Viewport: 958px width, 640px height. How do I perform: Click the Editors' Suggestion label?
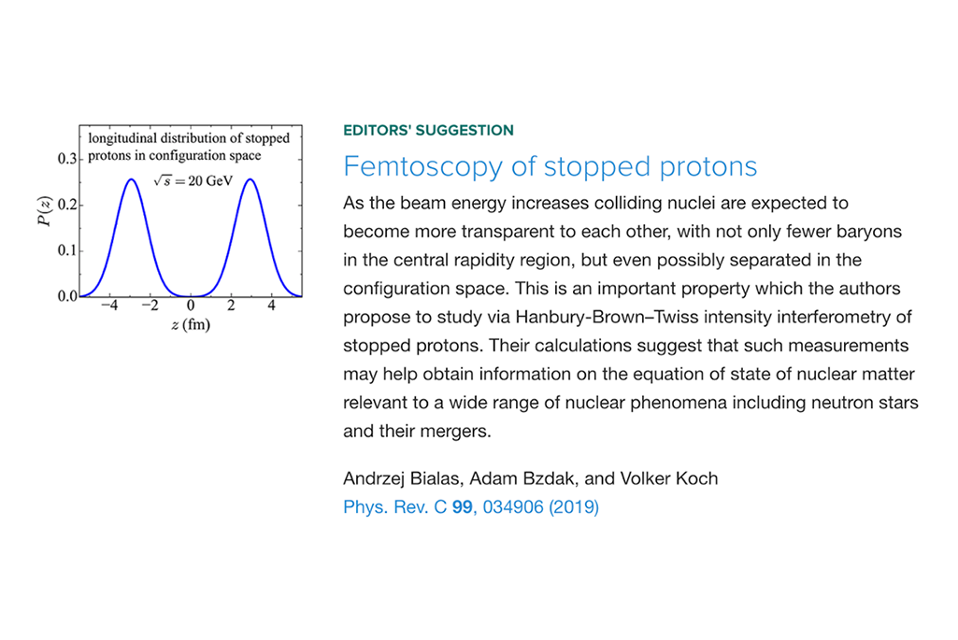point(428,130)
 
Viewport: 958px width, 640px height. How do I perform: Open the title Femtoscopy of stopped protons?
point(550,166)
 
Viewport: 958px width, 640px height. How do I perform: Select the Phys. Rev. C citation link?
point(471,507)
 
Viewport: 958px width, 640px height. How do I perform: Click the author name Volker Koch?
point(669,478)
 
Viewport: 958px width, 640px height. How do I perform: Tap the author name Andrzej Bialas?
point(400,478)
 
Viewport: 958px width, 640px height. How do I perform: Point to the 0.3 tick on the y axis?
point(67,159)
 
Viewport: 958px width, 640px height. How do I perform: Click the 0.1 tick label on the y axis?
point(67,250)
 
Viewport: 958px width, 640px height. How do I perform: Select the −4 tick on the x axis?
point(109,305)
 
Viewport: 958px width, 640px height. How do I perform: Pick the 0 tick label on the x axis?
point(191,305)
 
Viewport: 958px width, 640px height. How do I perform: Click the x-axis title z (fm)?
point(191,324)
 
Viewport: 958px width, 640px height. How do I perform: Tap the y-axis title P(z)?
point(45,211)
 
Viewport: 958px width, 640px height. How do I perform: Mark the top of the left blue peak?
point(131,179)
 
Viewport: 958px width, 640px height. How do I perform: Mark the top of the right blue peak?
point(250,179)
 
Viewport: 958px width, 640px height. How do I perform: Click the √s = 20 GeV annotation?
point(193,180)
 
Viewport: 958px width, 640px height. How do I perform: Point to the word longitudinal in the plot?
point(122,138)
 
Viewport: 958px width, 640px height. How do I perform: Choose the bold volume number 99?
point(463,507)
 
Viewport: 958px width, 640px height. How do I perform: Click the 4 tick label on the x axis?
point(271,305)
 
